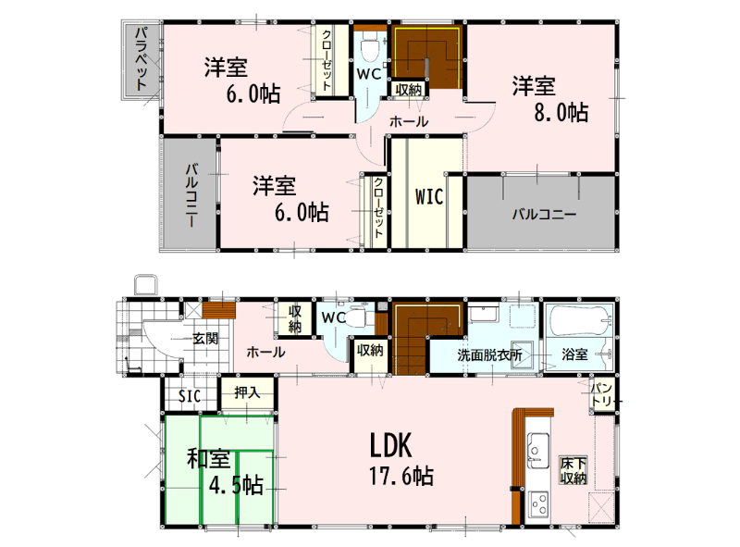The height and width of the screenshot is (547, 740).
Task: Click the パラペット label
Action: pyautogui.click(x=142, y=59)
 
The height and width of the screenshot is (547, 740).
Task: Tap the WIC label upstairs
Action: pyautogui.click(x=429, y=196)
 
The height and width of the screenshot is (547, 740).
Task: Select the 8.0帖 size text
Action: pyautogui.click(x=561, y=113)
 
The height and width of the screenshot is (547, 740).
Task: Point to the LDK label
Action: pyautogui.click(x=390, y=445)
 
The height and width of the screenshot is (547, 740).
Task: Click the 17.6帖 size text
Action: pyautogui.click(x=401, y=476)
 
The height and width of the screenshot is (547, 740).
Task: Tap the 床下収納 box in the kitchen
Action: pyautogui.click(x=573, y=470)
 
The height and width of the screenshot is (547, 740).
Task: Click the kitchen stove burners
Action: pyautogui.click(x=538, y=503)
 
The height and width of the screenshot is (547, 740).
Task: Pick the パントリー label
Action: pyautogui.click(x=602, y=395)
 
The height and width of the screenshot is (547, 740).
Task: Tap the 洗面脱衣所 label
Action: pyautogui.click(x=489, y=354)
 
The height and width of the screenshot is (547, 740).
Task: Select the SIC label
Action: pyautogui.click(x=190, y=396)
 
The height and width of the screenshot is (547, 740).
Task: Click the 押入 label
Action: pyautogui.click(x=247, y=392)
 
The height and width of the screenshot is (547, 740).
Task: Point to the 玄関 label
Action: pyautogui.click(x=205, y=338)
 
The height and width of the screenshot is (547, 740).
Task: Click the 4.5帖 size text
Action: pyautogui.click(x=236, y=485)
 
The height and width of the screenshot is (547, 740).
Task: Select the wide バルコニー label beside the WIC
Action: pyautogui.click(x=544, y=215)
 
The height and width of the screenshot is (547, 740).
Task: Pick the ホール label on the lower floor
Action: pyautogui.click(x=265, y=352)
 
